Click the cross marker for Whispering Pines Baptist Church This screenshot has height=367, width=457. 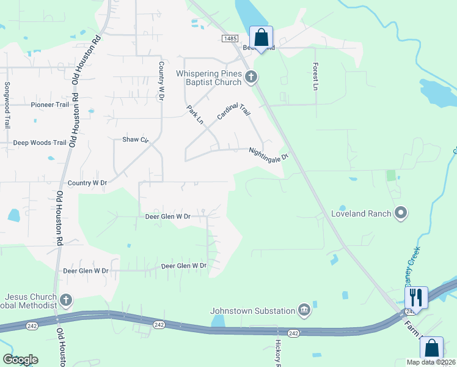250,78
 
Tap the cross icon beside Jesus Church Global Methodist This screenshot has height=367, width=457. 66,300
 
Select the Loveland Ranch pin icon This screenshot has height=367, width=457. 401,213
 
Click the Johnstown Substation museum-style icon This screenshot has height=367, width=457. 304,311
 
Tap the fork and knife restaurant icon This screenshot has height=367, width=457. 415,297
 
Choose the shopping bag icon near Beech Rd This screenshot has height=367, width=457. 261,38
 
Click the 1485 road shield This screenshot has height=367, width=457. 230,38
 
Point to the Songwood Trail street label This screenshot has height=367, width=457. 7,105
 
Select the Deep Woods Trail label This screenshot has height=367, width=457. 40,143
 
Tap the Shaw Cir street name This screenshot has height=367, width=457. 136,139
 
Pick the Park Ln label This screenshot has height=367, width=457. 195,115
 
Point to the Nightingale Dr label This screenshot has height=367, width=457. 268,154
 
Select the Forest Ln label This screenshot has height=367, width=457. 316,76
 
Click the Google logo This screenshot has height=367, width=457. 20,359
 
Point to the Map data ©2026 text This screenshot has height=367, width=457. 431,362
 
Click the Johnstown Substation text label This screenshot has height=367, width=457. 253,311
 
